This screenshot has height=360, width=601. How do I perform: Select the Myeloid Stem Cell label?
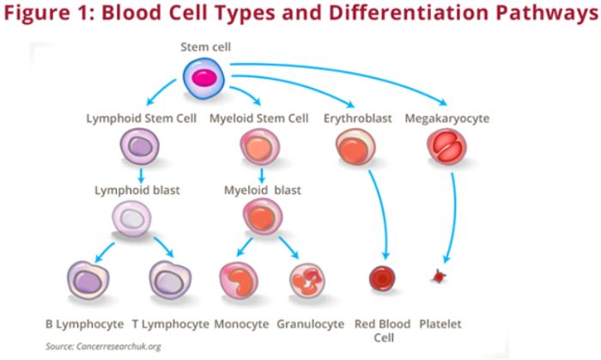coord(259,119)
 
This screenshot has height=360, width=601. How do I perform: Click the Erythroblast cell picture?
coord(352,148)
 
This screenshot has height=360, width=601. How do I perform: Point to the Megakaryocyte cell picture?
coord(446,148)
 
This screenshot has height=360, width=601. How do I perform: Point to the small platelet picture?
coord(440,277)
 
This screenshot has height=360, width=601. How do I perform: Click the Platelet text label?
coord(440,324)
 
